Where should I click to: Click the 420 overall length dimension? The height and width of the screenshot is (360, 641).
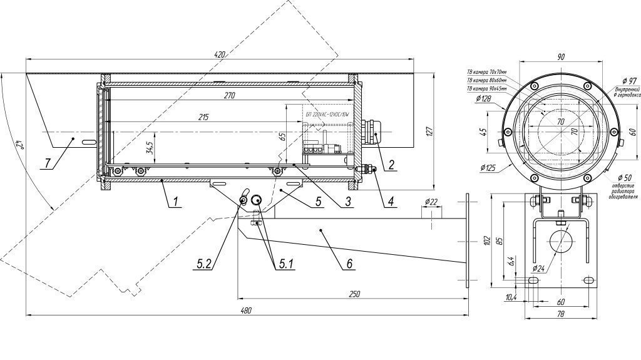[x=219, y=55]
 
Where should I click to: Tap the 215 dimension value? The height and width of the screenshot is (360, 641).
[x=204, y=117]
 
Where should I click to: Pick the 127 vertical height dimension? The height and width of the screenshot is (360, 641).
[x=429, y=131]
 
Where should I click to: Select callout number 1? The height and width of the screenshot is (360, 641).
[x=160, y=201]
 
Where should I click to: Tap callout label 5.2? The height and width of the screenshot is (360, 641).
[x=204, y=264]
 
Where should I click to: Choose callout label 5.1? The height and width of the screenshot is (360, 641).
[x=285, y=264]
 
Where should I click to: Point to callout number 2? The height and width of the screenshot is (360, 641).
[x=391, y=165]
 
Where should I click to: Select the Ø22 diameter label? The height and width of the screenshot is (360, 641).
[x=431, y=202]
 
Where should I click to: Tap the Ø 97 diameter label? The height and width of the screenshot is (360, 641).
[x=628, y=81]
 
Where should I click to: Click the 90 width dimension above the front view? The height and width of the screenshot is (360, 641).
[x=561, y=57]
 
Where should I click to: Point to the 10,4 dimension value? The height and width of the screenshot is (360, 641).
[x=510, y=297]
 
